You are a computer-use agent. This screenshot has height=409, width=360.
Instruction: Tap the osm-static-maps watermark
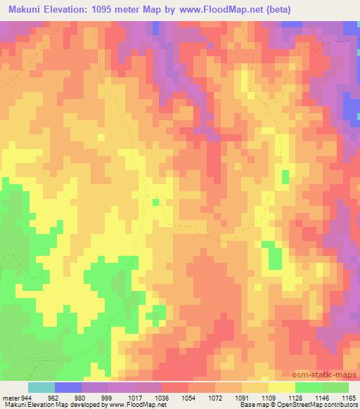click(x=324, y=375)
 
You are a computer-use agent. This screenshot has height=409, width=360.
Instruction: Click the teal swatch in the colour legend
click(x=41, y=387)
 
